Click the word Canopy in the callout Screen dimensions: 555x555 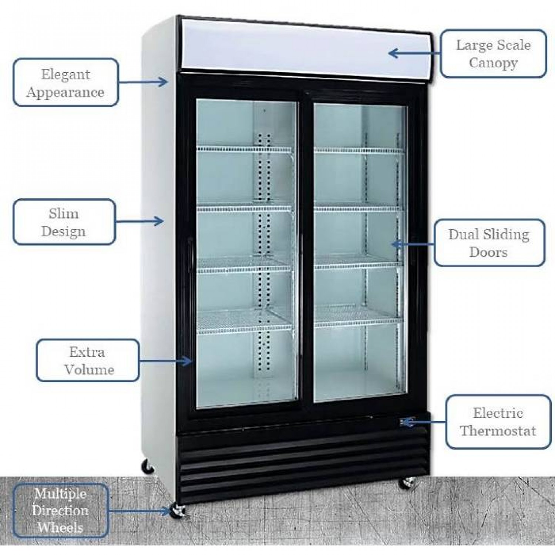click(493, 63)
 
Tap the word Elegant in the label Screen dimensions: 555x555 click(65, 75)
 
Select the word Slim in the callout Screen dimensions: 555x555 click(64, 213)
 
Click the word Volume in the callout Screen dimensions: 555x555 click(89, 370)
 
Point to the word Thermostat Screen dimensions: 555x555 click(498, 431)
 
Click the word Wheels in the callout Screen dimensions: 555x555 click(60, 527)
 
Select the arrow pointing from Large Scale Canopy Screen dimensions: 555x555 click(414, 53)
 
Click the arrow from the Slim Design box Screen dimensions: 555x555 click(139, 221)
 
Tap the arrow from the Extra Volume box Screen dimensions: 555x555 click(166, 360)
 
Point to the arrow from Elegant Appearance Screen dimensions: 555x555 click(143, 82)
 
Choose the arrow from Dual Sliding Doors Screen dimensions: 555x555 click(413, 244)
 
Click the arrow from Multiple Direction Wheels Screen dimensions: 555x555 click(139, 511)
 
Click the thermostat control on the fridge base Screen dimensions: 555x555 click(407, 422)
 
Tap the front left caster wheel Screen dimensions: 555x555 click(178, 511)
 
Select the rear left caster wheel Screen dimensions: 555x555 click(148, 467)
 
